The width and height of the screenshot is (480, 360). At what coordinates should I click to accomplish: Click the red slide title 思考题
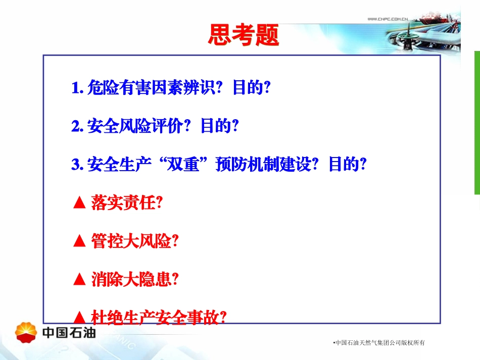243,36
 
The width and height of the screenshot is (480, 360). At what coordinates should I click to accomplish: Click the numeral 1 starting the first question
76,88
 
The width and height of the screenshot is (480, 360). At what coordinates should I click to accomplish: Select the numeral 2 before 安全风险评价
76,126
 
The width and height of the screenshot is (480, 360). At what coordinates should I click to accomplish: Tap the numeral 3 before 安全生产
76,165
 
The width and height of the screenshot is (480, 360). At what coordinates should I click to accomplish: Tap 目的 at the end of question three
343,165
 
